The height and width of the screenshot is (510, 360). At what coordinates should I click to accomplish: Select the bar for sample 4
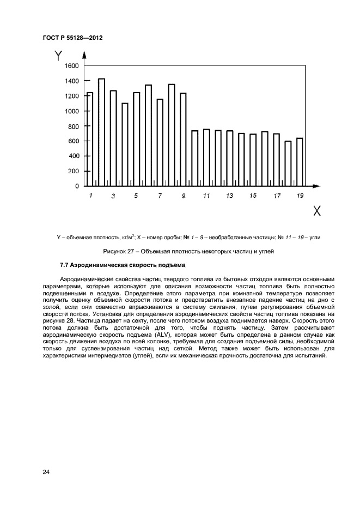(x=125, y=144)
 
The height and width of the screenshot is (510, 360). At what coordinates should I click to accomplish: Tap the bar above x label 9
(x=183, y=139)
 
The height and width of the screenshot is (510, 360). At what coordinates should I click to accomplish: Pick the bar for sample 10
(x=194, y=158)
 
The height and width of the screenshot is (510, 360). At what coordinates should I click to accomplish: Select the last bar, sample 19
(x=300, y=162)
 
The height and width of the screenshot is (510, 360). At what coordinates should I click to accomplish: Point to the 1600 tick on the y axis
(x=72, y=66)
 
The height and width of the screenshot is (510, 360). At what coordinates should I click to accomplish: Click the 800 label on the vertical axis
(x=73, y=126)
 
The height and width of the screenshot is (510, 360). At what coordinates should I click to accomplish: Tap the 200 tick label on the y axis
(x=73, y=171)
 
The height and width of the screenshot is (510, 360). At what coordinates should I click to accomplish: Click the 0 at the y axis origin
(x=77, y=186)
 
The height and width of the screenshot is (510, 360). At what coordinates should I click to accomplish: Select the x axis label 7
(x=160, y=195)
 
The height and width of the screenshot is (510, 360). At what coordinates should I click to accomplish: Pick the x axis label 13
(x=229, y=195)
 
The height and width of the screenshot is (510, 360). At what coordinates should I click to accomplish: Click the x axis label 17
(x=277, y=195)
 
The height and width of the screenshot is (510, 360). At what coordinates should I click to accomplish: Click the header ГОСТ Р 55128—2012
(x=72, y=38)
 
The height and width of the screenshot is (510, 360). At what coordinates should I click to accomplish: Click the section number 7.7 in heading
(x=65, y=265)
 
